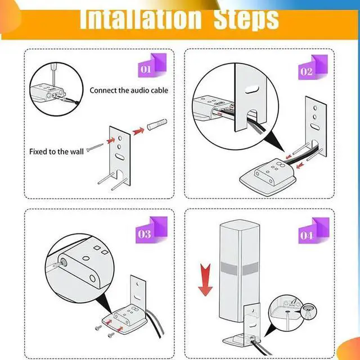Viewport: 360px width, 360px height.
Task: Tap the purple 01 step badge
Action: click(x=152, y=65)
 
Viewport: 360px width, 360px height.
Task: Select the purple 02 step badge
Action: click(x=313, y=67)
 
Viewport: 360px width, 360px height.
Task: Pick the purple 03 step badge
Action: click(x=151, y=230)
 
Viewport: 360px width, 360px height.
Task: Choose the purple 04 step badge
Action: click(x=314, y=231)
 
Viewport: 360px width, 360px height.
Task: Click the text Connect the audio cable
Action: click(x=129, y=90)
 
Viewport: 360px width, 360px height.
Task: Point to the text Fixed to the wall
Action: click(x=56, y=151)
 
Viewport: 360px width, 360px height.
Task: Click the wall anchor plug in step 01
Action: click(x=157, y=125)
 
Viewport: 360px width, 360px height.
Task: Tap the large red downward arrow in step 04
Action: click(x=205, y=280)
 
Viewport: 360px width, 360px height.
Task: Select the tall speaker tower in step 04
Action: click(x=239, y=271)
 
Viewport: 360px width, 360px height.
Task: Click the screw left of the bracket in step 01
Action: click(x=95, y=147)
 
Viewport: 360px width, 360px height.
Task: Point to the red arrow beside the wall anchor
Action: click(x=138, y=131)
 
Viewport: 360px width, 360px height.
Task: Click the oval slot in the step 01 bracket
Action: click(x=120, y=156)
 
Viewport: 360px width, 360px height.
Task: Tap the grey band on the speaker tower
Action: click(x=239, y=269)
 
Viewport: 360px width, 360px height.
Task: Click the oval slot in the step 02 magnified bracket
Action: click(x=252, y=89)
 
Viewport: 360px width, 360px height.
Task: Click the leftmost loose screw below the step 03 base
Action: click(x=98, y=328)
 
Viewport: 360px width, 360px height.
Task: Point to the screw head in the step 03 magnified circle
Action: click(x=62, y=262)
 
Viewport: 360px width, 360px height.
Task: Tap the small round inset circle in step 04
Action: click(x=308, y=311)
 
